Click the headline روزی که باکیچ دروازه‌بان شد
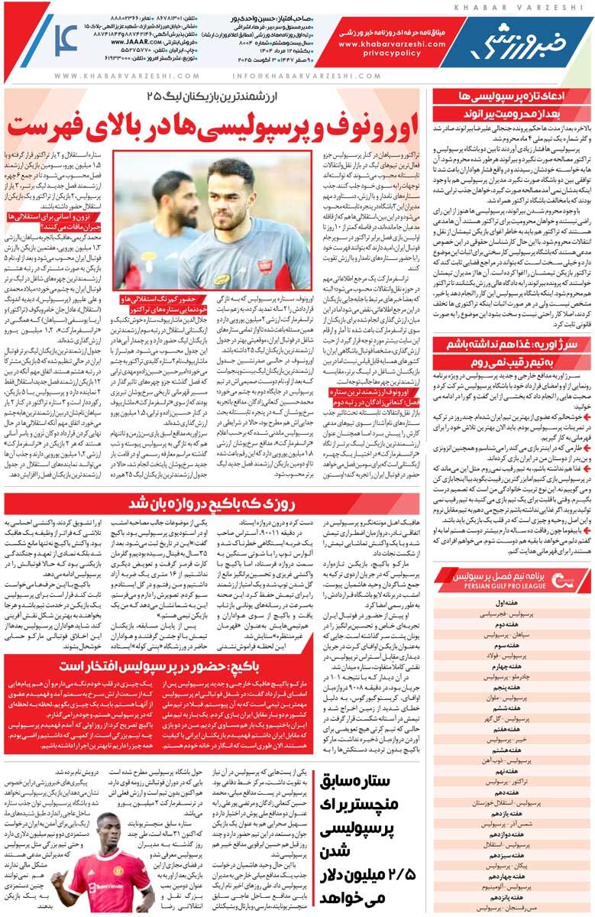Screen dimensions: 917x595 point(210,504)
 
